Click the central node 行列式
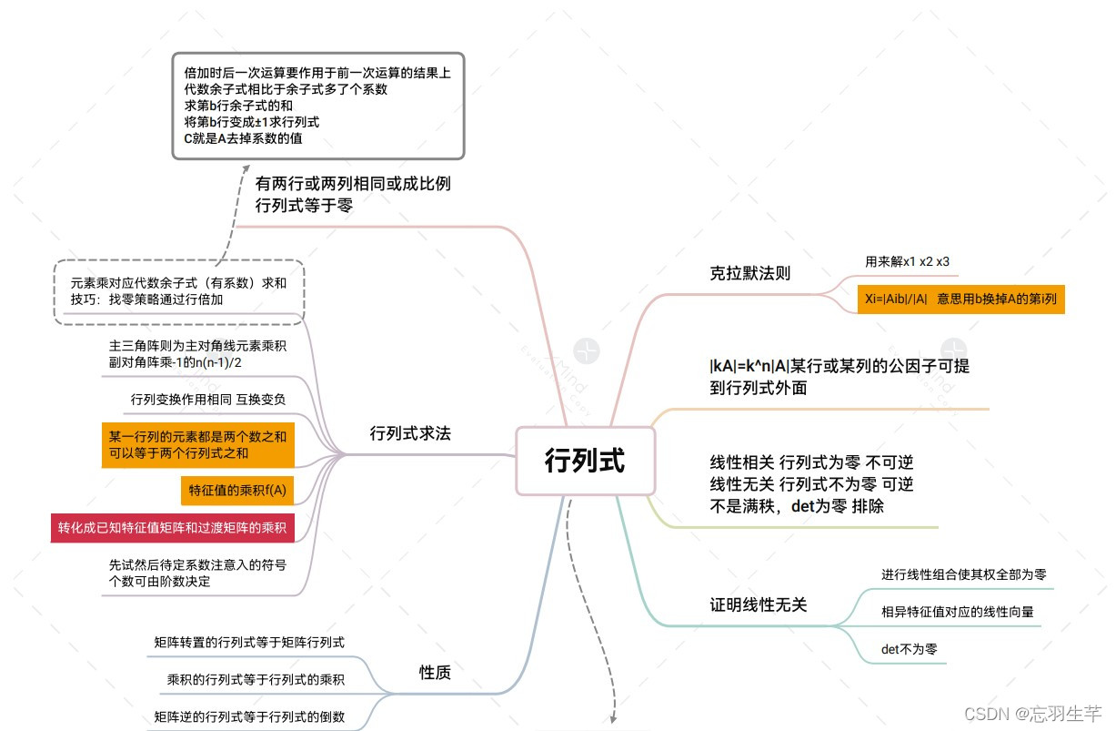coord(584,461)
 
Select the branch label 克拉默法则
coord(749,273)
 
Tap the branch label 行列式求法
coord(410,434)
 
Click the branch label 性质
coord(435,673)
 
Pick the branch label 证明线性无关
coord(758,604)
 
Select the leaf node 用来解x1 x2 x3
coord(907,261)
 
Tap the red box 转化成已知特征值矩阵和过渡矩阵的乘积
coord(172,527)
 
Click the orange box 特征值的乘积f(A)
coord(237,490)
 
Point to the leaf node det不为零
coord(909,649)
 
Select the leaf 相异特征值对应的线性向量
coord(957,612)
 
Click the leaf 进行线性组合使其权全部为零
coord(963,574)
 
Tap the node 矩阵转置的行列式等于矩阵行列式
coord(249,643)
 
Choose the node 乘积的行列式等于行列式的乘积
coord(256,679)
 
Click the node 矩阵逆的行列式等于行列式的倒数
coord(249,716)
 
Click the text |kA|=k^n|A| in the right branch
coord(749,367)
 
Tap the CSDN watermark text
coord(1033,712)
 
